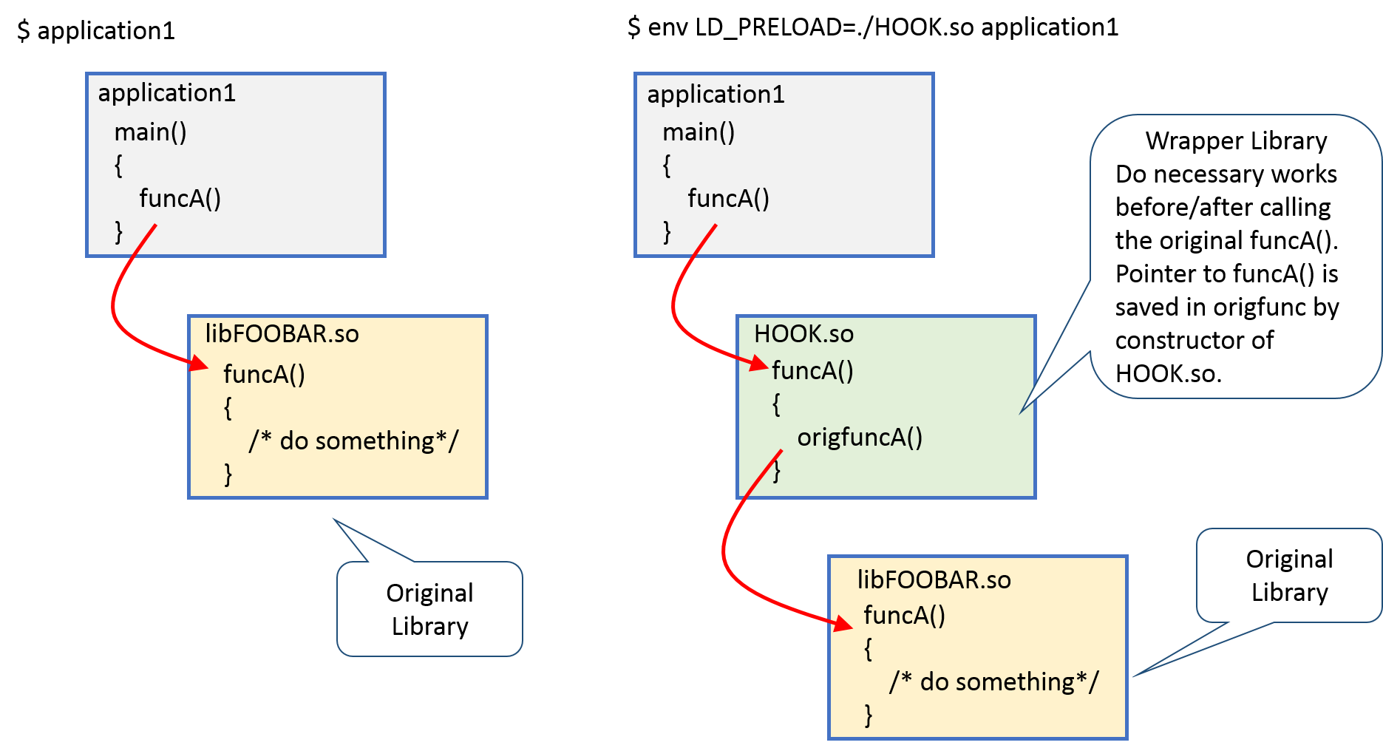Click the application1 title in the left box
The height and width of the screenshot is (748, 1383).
pyautogui.click(x=166, y=93)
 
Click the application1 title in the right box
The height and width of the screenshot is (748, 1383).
pyautogui.click(x=716, y=95)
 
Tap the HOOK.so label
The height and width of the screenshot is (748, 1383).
pyautogui.click(x=803, y=334)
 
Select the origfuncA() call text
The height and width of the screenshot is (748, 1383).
pyautogui.click(x=860, y=438)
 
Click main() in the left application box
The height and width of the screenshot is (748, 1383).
pyautogui.click(x=150, y=132)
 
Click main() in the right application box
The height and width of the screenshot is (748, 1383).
pyautogui.click(x=699, y=132)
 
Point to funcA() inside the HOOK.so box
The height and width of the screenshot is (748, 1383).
pyautogui.click(x=812, y=370)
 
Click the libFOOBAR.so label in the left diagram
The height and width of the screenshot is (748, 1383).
pyautogui.click(x=282, y=334)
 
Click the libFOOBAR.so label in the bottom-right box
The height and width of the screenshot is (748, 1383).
pyautogui.click(x=934, y=580)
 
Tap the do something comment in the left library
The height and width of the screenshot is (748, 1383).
pyautogui.click(x=353, y=441)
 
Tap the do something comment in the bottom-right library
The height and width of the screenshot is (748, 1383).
pyautogui.click(x=994, y=681)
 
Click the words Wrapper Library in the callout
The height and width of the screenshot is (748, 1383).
pyautogui.click(x=1236, y=141)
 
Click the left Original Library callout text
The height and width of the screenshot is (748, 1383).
pyautogui.click(x=429, y=610)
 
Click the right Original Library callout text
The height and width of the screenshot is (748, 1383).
pyautogui.click(x=1289, y=576)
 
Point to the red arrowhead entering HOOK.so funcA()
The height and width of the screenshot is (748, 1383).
pyautogui.click(x=759, y=363)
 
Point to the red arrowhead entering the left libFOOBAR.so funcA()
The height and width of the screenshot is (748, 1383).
pyautogui.click(x=200, y=363)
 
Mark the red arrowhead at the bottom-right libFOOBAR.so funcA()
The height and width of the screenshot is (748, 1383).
pyautogui.click(x=843, y=624)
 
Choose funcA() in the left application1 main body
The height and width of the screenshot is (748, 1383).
pyautogui.click(x=180, y=199)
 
